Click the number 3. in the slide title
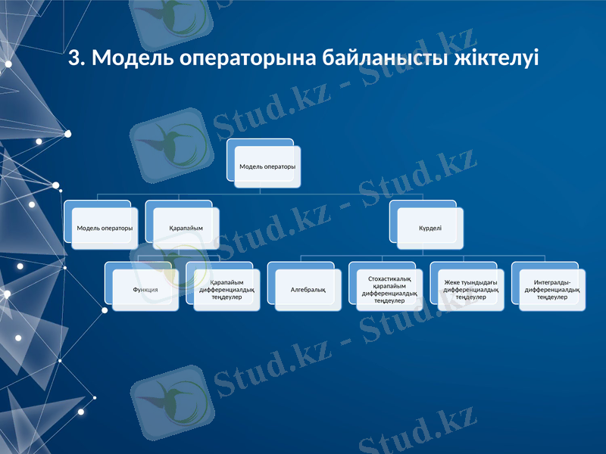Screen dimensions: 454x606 click(x=77, y=58)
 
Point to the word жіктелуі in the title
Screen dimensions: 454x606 click(x=499, y=58)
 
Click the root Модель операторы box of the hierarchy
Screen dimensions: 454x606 click(x=267, y=166)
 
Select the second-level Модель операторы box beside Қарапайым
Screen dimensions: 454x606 click(x=105, y=228)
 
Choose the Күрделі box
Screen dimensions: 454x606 click(x=430, y=228)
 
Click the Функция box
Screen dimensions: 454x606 click(x=145, y=289)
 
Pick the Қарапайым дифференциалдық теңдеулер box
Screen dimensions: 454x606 click(x=226, y=289)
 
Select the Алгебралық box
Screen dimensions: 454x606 click(x=308, y=289)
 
